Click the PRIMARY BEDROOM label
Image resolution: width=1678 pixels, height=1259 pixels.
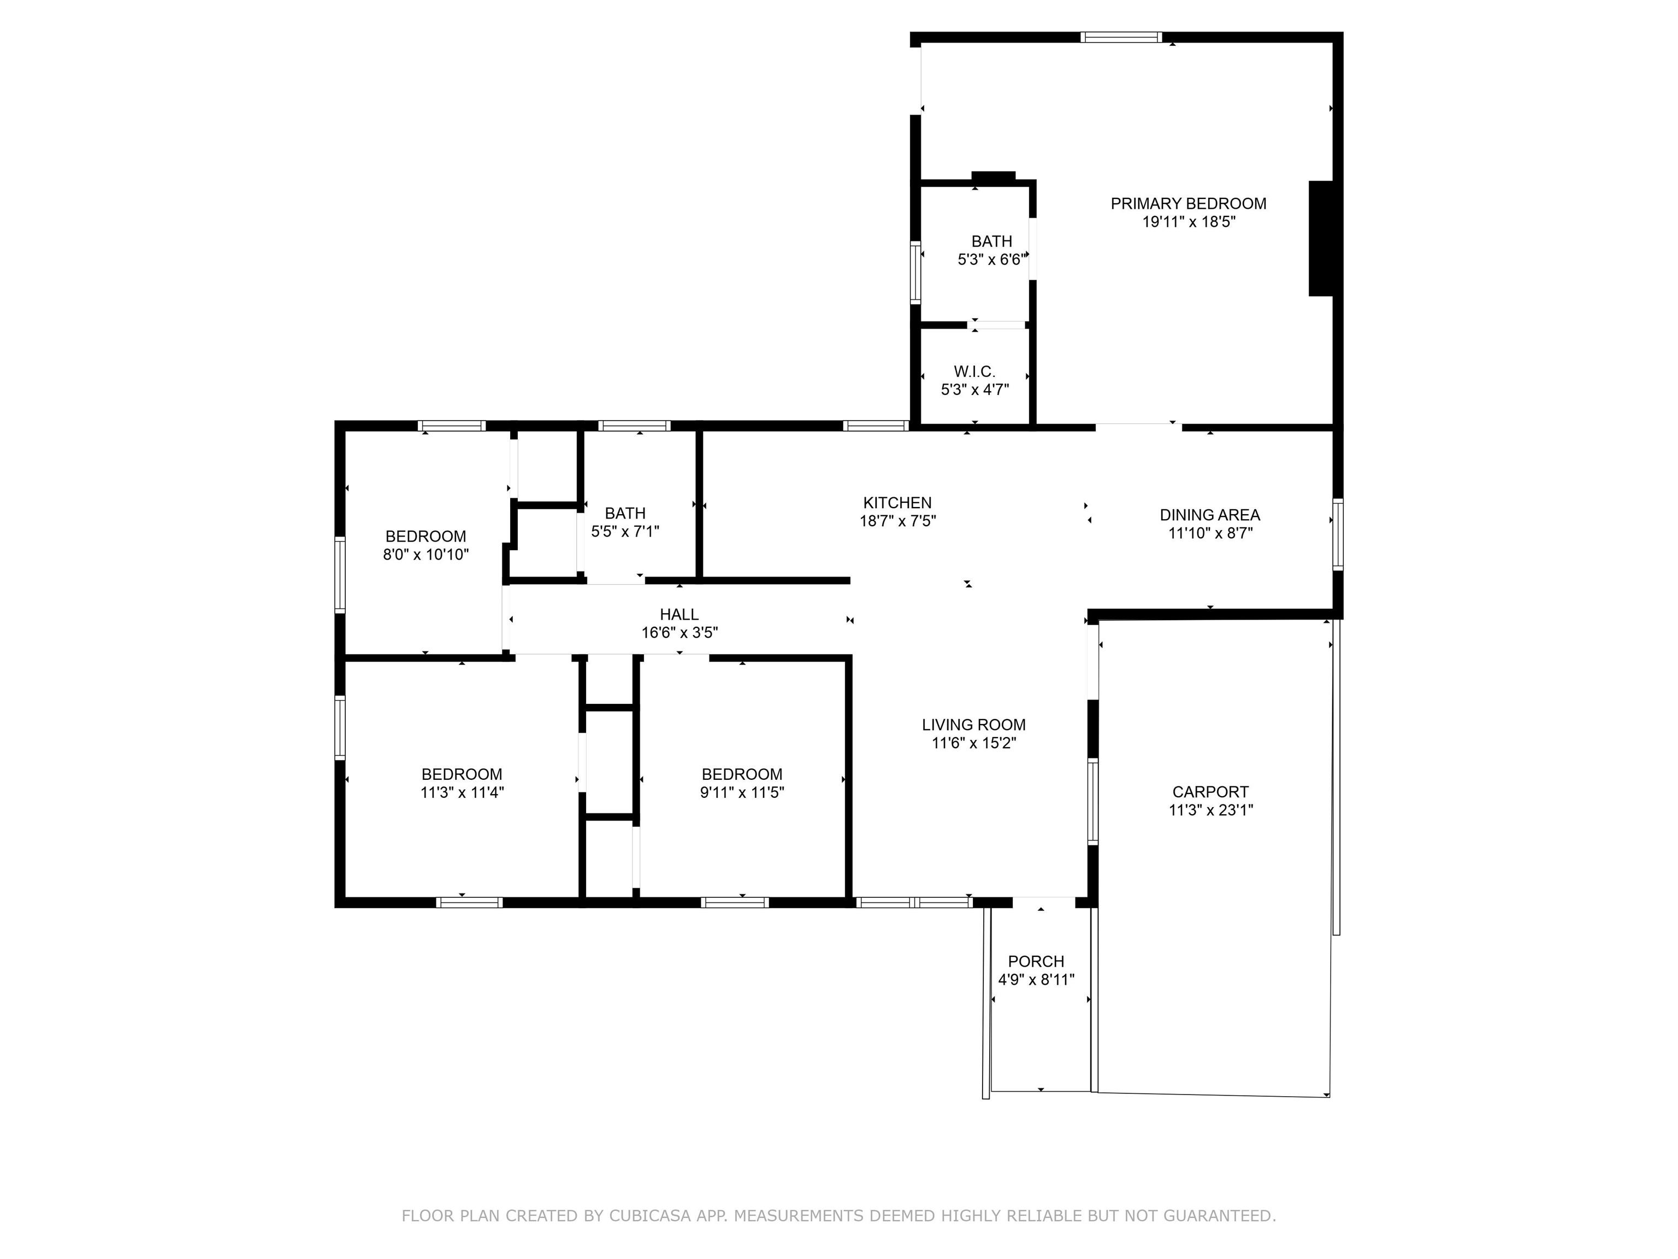tap(1188, 203)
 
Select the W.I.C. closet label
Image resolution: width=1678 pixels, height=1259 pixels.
tap(975, 372)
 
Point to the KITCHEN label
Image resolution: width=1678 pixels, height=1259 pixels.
tap(897, 502)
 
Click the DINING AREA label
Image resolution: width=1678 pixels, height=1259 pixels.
tap(1210, 515)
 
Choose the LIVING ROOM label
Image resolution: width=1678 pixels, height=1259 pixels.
tap(974, 725)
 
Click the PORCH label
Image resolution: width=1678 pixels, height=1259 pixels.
tap(1036, 962)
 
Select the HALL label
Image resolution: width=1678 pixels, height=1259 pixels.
tap(679, 615)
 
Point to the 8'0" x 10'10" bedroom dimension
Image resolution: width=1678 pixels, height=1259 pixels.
tap(426, 555)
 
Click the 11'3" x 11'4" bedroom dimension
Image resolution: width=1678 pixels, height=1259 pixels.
tap(462, 793)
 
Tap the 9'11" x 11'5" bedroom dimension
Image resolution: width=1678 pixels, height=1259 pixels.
tap(742, 793)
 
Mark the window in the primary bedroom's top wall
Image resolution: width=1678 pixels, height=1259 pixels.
tap(1121, 37)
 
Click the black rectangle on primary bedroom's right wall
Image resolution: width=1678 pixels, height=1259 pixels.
tap(1321, 238)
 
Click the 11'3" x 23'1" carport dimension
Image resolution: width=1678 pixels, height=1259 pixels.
tap(1211, 810)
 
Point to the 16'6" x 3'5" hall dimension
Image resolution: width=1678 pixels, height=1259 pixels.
tap(680, 633)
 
